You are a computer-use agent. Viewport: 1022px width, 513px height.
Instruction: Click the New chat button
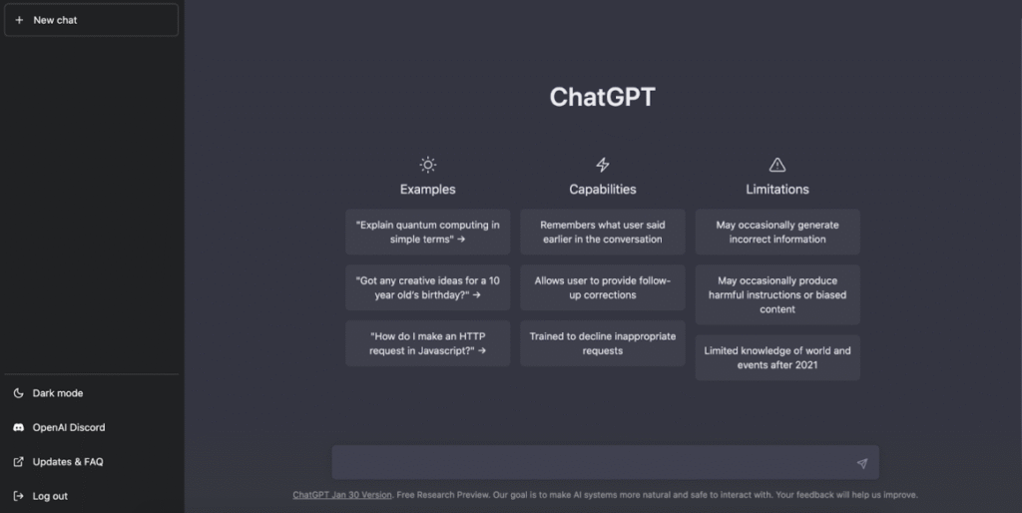(x=91, y=20)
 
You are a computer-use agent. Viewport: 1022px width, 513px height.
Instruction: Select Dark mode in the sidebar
(x=57, y=393)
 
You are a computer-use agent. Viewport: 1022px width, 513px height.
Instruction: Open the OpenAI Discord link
(x=68, y=427)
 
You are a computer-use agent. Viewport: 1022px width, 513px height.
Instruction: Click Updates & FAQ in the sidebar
(x=67, y=462)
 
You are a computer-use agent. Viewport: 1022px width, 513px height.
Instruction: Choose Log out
(x=50, y=496)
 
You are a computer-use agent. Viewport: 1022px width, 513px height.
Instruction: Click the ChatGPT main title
(x=602, y=97)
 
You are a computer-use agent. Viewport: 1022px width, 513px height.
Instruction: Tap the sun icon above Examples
(x=427, y=165)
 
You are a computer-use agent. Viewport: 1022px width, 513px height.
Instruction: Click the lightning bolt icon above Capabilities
(x=602, y=165)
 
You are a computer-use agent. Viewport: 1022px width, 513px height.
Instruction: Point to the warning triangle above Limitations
(x=777, y=165)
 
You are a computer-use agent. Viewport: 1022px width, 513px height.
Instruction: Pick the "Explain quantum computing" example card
(x=427, y=232)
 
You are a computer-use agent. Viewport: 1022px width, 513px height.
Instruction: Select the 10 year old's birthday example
(x=427, y=287)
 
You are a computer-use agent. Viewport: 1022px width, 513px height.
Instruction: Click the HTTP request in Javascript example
(x=427, y=343)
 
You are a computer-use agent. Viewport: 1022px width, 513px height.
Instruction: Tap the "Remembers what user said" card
(x=602, y=232)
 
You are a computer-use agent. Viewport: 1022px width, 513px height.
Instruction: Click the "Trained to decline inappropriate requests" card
(x=602, y=343)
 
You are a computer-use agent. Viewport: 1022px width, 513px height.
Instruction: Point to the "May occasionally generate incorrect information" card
(x=777, y=232)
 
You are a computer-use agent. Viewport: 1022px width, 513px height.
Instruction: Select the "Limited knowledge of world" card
(x=777, y=357)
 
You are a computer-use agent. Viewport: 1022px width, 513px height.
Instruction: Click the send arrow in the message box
(x=861, y=463)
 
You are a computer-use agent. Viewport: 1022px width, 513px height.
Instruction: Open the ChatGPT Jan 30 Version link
(x=342, y=495)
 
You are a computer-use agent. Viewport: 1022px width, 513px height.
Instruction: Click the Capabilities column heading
(x=602, y=190)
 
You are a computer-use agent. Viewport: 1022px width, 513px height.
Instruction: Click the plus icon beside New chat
(x=19, y=20)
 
